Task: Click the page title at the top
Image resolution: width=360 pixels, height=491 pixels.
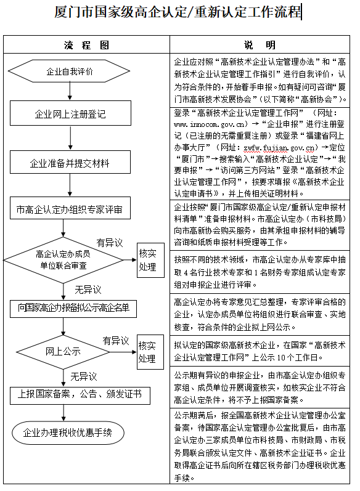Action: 178,12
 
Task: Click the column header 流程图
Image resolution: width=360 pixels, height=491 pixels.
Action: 86,45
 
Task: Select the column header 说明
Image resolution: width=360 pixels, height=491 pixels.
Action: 260,45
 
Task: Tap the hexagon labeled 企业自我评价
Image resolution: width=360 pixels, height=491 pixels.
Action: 69,71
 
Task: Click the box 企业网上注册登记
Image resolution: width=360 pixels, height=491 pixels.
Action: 70,113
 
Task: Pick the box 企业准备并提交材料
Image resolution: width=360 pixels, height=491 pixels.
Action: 70,162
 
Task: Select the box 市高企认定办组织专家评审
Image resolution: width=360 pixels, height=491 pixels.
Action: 70,208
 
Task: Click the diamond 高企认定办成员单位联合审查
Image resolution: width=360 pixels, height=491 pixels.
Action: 63,260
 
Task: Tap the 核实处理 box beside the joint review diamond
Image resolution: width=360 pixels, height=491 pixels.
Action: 150,260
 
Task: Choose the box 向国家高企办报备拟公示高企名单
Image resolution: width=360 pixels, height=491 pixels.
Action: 73,309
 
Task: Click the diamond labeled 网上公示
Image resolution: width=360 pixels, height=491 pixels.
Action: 63,352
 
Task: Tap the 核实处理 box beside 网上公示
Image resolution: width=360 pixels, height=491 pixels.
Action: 150,352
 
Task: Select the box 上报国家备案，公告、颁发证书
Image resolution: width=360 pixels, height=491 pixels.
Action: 80,396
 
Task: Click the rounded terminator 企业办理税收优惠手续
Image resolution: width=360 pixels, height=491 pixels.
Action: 68,432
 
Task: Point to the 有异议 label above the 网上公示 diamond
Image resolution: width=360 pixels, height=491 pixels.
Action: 116,341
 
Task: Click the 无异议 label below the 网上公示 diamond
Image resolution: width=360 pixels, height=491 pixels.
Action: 84,376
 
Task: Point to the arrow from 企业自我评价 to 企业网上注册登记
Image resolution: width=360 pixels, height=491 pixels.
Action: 70,91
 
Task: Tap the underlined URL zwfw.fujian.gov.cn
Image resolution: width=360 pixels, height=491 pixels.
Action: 279,147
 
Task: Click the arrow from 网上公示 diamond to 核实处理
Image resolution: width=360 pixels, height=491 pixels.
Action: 123,352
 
